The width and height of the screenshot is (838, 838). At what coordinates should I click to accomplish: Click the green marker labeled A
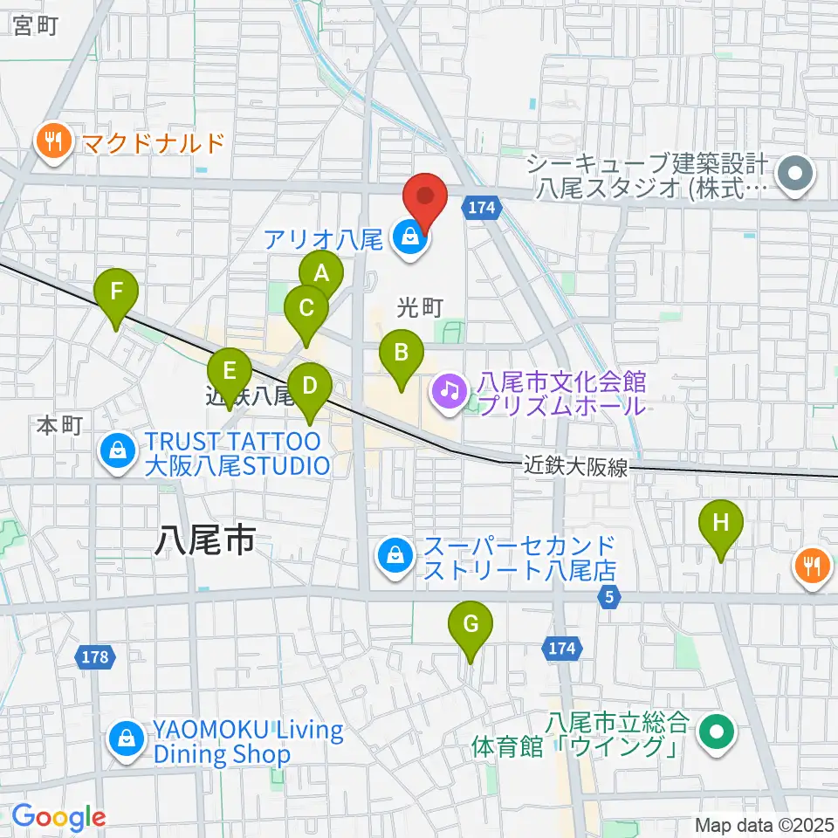[x=321, y=273]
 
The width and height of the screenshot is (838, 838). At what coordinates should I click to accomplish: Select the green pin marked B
[x=402, y=353]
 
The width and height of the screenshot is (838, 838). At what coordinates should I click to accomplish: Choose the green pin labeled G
[x=471, y=624]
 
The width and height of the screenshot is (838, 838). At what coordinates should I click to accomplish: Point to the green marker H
[x=721, y=523]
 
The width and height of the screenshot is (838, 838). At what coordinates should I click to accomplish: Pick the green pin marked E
[x=230, y=371]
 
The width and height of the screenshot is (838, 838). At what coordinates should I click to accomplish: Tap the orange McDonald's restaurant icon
[x=54, y=141]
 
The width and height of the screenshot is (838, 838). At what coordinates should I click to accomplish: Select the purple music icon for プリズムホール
[x=450, y=389]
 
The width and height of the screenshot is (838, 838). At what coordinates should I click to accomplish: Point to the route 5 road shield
[x=609, y=597]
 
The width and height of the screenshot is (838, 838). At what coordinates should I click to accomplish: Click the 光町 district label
[x=421, y=307]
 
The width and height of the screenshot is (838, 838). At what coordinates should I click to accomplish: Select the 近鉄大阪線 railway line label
[x=576, y=467]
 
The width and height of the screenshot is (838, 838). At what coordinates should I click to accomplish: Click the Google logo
[x=58, y=817]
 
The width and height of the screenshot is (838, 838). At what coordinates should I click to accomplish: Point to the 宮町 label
[x=36, y=26]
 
